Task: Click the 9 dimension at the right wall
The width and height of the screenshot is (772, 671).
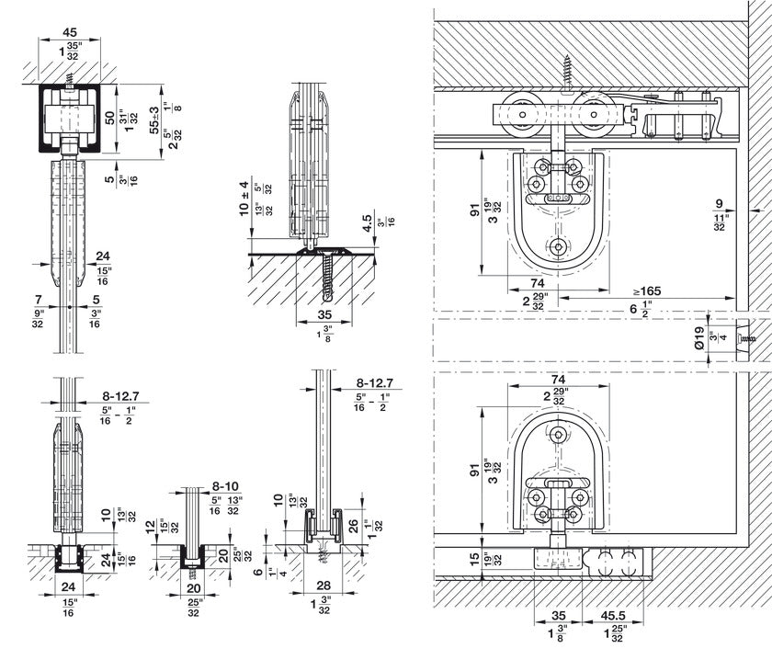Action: [x=719, y=205]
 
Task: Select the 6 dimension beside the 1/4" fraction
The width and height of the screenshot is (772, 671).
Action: [x=259, y=571]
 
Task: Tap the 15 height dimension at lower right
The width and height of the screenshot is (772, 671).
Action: [x=471, y=557]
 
